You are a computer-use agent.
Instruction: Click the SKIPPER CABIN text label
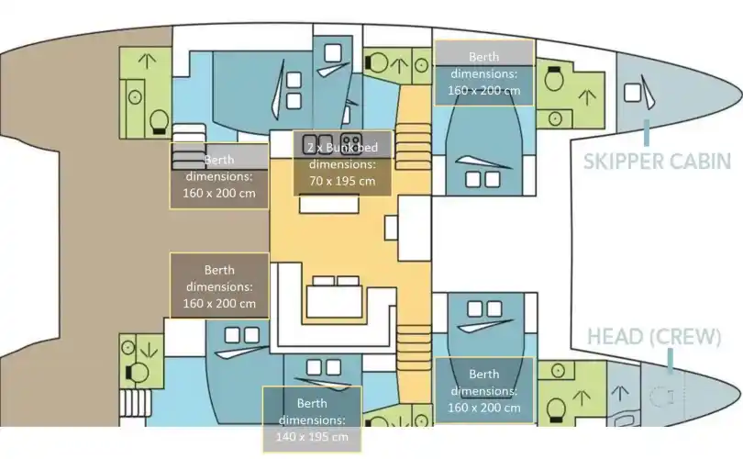pyautogui.click(x=657, y=162)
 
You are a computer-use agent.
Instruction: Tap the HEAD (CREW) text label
pyautogui.click(x=654, y=337)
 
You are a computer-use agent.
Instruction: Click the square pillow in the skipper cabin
pyautogui.click(x=632, y=93)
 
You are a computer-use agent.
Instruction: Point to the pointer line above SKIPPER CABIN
pyautogui.click(x=647, y=133)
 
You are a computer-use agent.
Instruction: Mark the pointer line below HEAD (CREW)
pyautogui.click(x=670, y=361)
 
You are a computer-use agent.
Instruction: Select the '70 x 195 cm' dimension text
pyautogui.click(x=342, y=181)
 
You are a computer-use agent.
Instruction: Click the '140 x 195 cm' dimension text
pyautogui.click(x=312, y=437)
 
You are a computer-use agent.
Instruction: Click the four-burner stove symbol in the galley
pyautogui.click(x=351, y=142)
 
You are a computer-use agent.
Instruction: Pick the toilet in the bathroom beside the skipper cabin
pyautogui.click(x=553, y=79)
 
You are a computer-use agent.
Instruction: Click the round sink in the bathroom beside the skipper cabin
pyautogui.click(x=555, y=118)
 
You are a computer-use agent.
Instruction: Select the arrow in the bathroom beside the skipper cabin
pyautogui.click(x=587, y=97)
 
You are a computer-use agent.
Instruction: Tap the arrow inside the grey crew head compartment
pyautogui.click(x=620, y=394)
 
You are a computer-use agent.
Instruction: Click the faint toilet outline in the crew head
pyautogui.click(x=662, y=397)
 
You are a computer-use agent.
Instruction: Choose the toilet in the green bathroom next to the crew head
pyautogui.click(x=556, y=409)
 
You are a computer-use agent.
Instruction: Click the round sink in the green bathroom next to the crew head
pyautogui.click(x=558, y=370)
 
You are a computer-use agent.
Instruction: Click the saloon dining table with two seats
pyautogui.click(x=334, y=301)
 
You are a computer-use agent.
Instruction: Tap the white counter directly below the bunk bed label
pyautogui.click(x=329, y=204)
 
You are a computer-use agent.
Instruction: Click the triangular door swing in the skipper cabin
pyautogui.click(x=648, y=92)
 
